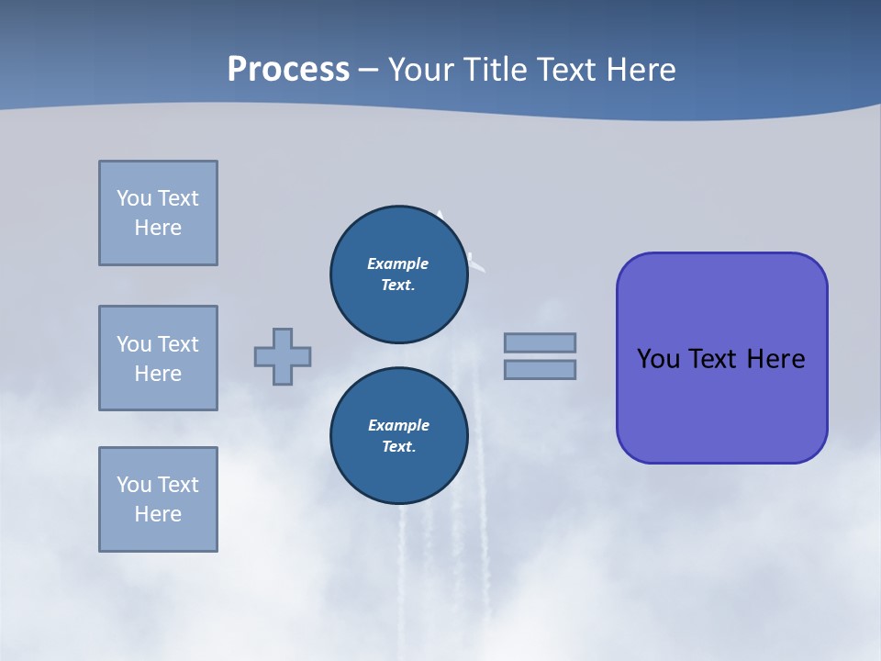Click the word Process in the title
click(288, 70)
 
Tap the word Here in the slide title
click(640, 70)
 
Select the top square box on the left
click(158, 213)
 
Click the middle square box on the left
click(158, 358)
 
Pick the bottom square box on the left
click(158, 499)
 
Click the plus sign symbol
click(283, 356)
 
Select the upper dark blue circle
click(398, 274)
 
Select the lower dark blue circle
click(398, 435)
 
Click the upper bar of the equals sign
click(540, 342)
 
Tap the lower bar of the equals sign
click(540, 369)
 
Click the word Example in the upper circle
click(397, 263)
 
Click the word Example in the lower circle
click(398, 425)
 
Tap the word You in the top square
click(133, 198)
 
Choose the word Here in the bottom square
click(158, 514)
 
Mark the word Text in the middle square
click(178, 344)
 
